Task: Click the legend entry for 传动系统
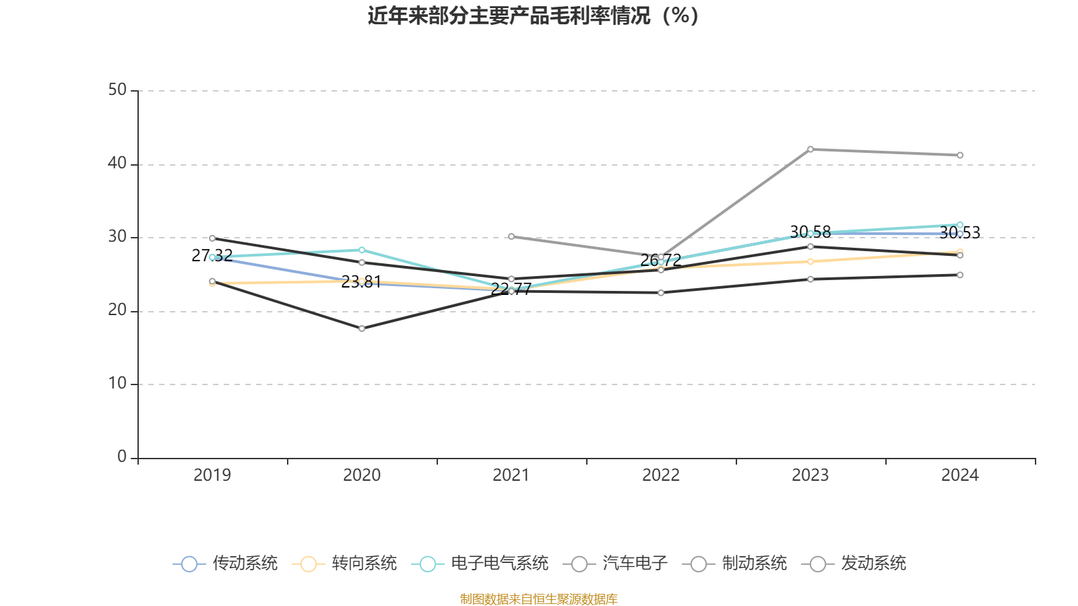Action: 226,564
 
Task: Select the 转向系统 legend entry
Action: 345,564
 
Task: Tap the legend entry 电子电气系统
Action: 480,564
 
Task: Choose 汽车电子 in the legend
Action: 616,564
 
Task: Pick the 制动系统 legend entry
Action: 735,564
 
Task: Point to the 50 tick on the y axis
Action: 117,90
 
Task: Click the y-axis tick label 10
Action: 117,384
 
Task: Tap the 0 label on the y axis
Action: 122,457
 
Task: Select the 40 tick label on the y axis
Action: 117,164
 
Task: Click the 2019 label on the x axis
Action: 212,475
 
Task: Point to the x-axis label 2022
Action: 661,475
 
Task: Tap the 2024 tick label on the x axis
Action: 959,475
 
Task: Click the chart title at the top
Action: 534,15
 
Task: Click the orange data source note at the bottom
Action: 539,599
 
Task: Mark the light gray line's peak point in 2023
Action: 811,149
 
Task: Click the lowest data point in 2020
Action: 362,329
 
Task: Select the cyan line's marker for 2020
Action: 362,250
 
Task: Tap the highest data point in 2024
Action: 960,156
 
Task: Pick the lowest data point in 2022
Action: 661,293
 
